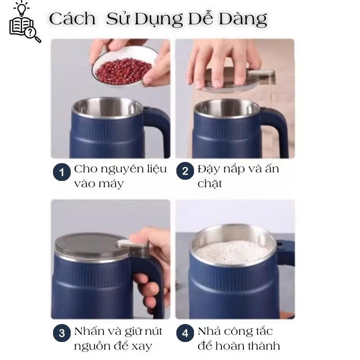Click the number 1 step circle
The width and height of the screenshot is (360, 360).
click(62, 172)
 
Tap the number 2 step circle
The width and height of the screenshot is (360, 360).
click(185, 171)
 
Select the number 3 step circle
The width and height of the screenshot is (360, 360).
click(62, 333)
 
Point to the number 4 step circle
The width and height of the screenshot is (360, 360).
click(185, 333)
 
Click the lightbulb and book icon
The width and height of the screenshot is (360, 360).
click(25, 22)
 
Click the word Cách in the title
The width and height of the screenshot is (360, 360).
click(72, 19)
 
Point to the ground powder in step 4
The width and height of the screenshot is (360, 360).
click(232, 252)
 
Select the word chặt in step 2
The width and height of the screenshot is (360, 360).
click(210, 184)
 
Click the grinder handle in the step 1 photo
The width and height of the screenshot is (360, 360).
click(158, 129)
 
